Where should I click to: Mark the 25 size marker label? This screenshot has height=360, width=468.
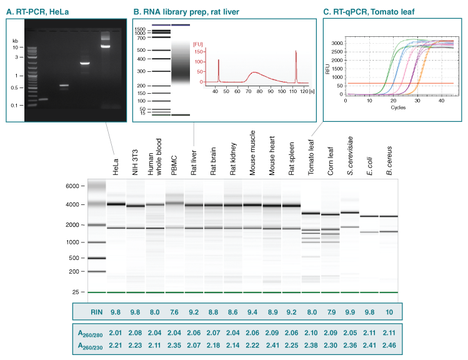pos(75,292)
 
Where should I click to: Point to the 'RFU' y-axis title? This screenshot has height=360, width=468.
pos(328,69)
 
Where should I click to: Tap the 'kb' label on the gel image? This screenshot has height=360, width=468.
pos(15,41)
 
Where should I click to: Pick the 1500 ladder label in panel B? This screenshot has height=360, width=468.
pos(141,29)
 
